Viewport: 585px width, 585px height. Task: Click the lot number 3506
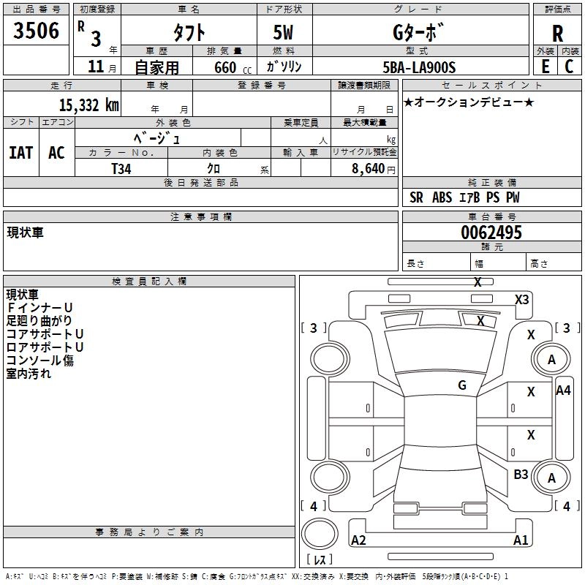click(36, 31)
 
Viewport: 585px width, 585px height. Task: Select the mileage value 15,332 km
click(89, 105)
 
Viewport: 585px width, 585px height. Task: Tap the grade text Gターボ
click(418, 32)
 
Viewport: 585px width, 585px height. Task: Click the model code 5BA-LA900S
click(419, 67)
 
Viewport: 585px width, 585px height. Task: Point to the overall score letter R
click(557, 34)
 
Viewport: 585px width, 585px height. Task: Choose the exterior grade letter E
click(546, 67)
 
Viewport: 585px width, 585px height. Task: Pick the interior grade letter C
click(569, 67)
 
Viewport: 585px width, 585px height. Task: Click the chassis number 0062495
click(491, 233)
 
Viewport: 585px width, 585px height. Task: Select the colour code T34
click(121, 169)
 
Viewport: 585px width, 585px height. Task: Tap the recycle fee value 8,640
click(369, 169)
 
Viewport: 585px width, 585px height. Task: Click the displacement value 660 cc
click(233, 68)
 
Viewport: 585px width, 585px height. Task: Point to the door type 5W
click(283, 32)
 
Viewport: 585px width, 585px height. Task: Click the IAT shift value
click(21, 153)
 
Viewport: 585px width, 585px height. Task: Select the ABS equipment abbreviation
click(442, 197)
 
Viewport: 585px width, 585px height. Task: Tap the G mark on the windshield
click(462, 385)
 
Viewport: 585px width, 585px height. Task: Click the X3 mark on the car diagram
click(521, 300)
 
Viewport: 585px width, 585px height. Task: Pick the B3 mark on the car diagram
click(521, 475)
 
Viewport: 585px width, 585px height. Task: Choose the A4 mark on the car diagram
click(563, 390)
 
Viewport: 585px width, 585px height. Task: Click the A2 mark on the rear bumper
click(358, 540)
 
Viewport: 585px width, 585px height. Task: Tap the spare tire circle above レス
click(320, 533)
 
